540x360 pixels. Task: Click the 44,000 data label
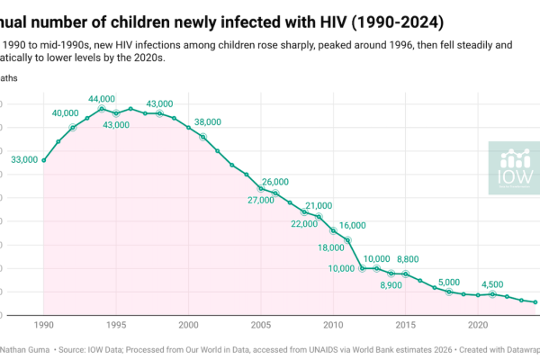[102, 98]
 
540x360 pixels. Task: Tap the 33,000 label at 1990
[24, 159]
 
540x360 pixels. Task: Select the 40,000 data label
[66, 112]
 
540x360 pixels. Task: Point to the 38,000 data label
[207, 121]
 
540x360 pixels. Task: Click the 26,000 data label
[275, 182]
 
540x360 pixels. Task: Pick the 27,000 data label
[261, 200]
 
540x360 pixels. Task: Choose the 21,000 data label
[319, 205]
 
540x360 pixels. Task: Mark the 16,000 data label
[353, 225]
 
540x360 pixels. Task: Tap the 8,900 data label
[391, 285]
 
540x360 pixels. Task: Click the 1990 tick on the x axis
[44, 325]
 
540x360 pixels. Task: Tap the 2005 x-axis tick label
[261, 325]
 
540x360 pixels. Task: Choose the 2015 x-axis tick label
[406, 325]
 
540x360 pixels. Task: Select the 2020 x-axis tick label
[478, 325]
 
